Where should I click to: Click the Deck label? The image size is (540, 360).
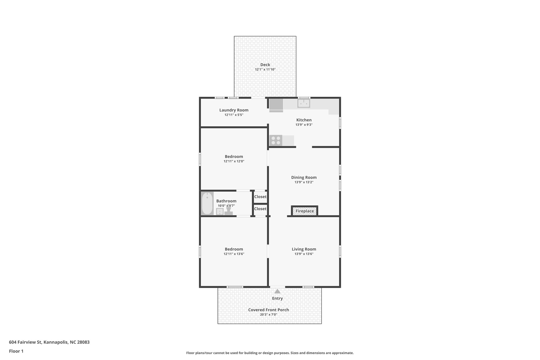click(265, 65)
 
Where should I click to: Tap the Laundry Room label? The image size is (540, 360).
click(234, 110)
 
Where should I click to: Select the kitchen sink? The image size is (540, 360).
click(304, 103)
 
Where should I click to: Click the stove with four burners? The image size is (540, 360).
click(276, 140)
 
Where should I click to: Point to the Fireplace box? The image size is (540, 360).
click(305, 211)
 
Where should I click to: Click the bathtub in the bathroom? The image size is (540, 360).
click(207, 204)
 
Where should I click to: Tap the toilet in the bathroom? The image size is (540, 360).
click(229, 211)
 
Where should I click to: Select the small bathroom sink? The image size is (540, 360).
click(220, 212)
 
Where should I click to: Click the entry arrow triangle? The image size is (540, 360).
click(277, 291)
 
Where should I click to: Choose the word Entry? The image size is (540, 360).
click(277, 298)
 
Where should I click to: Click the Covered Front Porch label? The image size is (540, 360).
click(268, 310)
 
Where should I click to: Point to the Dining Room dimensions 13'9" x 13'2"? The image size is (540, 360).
click(304, 182)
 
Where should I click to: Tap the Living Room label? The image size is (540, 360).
click(304, 249)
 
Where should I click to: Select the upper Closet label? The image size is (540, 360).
click(260, 197)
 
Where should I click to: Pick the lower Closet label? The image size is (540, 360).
click(260, 209)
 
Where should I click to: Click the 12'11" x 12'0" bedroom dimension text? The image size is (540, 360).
click(234, 161)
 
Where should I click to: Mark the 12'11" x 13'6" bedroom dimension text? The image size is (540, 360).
click(234, 254)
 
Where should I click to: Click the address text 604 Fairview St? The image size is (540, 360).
click(49, 342)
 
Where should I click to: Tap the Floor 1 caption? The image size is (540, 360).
click(16, 351)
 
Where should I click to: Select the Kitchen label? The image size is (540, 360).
click(304, 120)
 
